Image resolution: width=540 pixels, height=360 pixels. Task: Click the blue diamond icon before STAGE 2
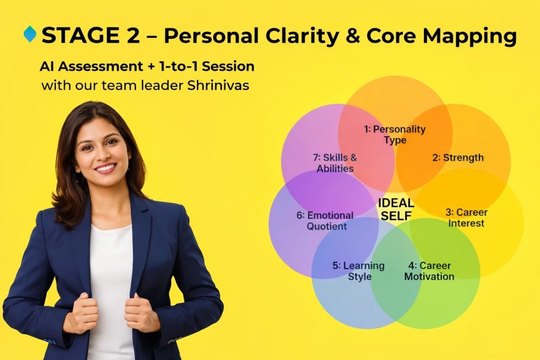[x=30, y=34]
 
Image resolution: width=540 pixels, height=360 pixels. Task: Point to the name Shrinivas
[x=218, y=85]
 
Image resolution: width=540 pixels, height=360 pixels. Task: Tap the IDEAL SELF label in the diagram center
[x=396, y=209]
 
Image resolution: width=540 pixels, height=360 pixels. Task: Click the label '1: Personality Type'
[x=395, y=134]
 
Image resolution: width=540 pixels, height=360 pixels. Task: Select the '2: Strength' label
[x=458, y=158]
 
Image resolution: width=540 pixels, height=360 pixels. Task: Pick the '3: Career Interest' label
[x=467, y=218]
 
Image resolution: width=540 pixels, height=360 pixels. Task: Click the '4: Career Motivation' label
[x=429, y=271]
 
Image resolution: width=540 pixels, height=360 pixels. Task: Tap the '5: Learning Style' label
[x=359, y=271]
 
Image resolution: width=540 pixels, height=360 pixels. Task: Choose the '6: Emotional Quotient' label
[x=325, y=221]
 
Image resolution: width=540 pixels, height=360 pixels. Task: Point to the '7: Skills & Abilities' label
[x=335, y=163]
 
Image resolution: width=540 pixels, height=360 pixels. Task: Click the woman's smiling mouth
[x=105, y=168]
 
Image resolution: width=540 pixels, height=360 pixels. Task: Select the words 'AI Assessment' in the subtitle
[x=91, y=66]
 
